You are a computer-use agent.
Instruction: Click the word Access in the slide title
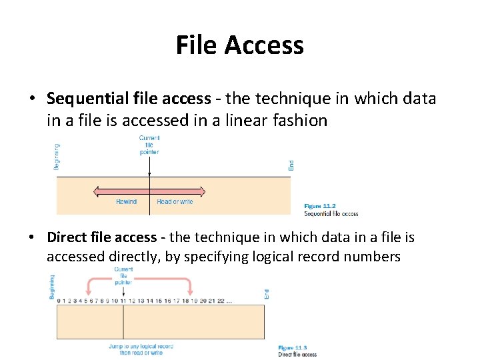click(264, 45)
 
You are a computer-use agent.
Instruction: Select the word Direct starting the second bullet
click(66, 237)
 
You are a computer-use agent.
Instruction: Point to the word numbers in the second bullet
click(371, 257)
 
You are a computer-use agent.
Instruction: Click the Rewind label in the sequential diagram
click(126, 202)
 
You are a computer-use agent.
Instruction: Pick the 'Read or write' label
click(175, 202)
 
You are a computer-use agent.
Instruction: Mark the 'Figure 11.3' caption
click(292, 348)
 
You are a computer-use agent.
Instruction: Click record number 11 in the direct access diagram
click(123, 300)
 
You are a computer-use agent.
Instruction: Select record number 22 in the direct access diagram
click(221, 300)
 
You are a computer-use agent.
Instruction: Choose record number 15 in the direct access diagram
click(158, 300)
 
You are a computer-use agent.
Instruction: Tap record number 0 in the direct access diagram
click(59, 300)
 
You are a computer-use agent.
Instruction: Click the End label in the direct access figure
click(267, 293)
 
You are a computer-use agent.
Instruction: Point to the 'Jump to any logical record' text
click(141, 346)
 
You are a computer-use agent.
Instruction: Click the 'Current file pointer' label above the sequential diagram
click(149, 145)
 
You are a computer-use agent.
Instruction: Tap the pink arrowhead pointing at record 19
click(191, 291)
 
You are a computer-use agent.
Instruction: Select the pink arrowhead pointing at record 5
click(87, 291)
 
